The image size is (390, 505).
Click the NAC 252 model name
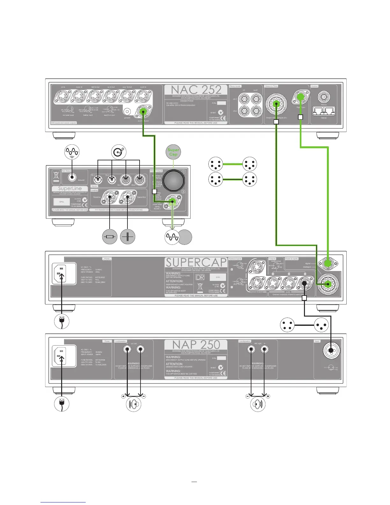point(196,90)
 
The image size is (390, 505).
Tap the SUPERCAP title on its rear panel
point(196,263)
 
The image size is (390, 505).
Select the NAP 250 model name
point(196,345)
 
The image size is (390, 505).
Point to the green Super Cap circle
point(173,152)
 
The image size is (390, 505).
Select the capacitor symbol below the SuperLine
point(128,237)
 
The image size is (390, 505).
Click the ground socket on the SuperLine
point(72,178)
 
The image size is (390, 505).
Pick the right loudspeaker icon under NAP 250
point(258,404)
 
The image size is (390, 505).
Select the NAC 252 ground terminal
point(128,112)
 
